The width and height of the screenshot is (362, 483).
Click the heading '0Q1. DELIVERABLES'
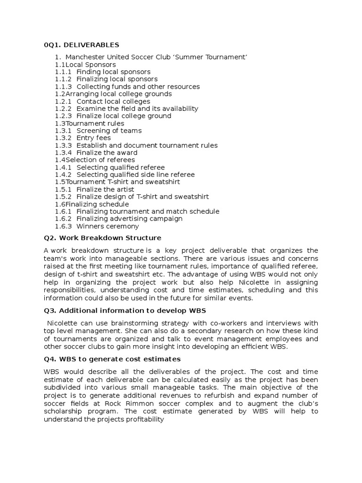click(81, 45)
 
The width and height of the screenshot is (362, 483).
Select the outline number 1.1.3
click(63, 87)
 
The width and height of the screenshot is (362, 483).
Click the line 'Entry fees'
click(94, 138)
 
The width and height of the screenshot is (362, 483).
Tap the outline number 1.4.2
click(63, 175)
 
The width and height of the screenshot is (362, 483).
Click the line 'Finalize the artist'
click(105, 190)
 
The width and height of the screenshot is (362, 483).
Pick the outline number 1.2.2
click(63, 109)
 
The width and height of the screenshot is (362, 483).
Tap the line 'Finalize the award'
click(107, 153)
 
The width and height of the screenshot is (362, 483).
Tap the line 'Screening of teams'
click(109, 131)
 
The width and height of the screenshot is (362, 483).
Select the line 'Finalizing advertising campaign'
click(130, 219)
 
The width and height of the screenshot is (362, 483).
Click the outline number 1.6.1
click(63, 212)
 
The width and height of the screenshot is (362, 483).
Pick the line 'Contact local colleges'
click(113, 101)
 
